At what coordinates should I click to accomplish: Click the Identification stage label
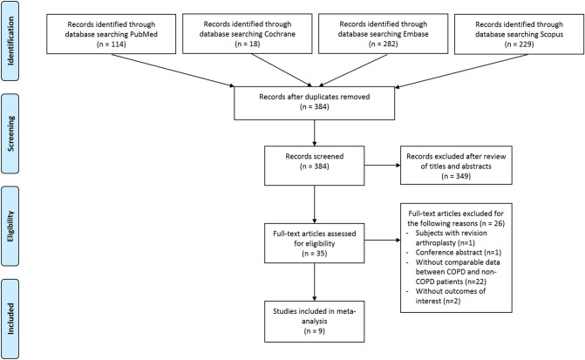pos(10,41)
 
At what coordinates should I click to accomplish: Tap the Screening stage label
pos(10,133)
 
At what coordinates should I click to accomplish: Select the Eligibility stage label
pos(10,226)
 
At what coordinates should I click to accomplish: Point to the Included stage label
pos(10,318)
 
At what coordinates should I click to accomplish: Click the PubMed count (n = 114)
pos(112,44)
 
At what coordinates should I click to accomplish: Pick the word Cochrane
pos(278,34)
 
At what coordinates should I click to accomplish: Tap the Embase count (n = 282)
pos(383,44)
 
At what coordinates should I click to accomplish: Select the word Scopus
pos(551,34)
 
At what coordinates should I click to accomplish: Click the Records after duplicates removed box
pos(314,104)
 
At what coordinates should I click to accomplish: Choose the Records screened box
pos(314,166)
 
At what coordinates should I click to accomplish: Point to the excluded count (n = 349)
pos(456,176)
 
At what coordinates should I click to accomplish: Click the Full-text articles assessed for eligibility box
pos(314,243)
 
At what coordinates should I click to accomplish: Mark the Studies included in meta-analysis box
pos(314,322)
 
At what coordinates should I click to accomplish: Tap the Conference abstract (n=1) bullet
pos(459,252)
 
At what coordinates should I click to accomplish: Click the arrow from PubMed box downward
pos(173,70)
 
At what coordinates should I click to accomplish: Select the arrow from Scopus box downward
pos(461,71)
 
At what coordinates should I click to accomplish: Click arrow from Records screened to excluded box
pos(383,166)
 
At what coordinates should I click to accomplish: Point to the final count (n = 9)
pos(314,331)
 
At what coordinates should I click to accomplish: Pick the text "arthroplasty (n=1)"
pos(446,242)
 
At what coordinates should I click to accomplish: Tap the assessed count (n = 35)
pos(314,254)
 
